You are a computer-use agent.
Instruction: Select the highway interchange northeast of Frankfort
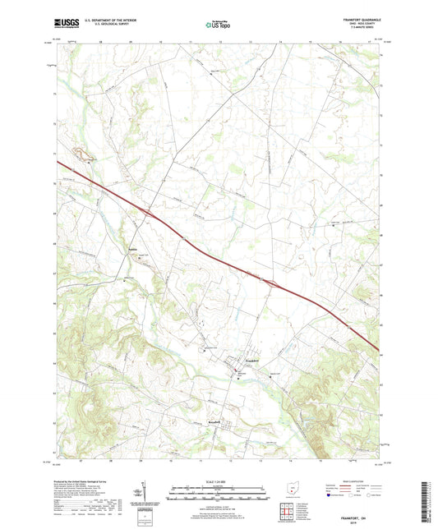pos(268,283)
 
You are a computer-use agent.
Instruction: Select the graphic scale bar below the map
pos(218,495)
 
